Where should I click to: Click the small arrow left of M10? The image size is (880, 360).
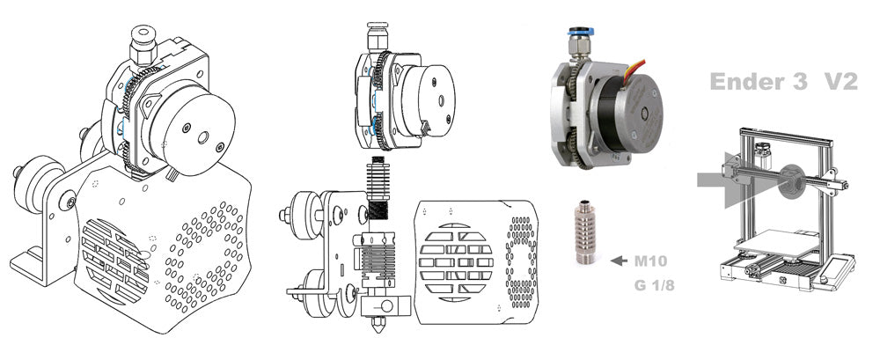point(619,261)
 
